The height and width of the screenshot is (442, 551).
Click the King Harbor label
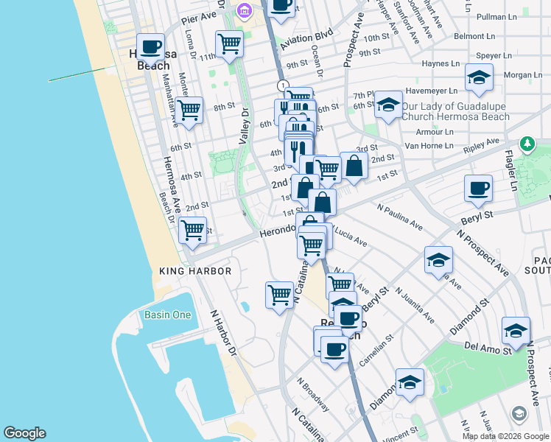(x=195, y=271)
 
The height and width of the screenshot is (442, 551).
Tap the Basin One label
(x=166, y=315)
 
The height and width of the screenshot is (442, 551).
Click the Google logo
(x=24, y=433)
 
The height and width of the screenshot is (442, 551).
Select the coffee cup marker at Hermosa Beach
(x=151, y=47)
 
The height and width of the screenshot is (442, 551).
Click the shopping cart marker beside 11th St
(x=230, y=43)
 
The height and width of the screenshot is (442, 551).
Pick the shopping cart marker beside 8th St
(x=189, y=110)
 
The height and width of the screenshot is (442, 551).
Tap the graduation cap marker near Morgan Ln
(x=479, y=77)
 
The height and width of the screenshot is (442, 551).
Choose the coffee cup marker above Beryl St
(x=478, y=188)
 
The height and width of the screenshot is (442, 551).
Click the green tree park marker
(x=527, y=143)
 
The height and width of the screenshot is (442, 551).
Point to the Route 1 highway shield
(x=282, y=86)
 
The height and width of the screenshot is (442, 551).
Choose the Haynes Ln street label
(x=441, y=63)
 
